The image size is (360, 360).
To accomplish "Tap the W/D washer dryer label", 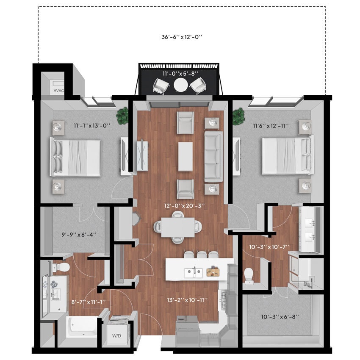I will coord(116,336).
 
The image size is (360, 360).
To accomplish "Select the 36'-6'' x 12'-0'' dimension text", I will coord(182,37).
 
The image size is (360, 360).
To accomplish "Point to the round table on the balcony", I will coord(180,86).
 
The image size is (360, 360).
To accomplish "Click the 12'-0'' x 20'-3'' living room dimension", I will coord(185,206).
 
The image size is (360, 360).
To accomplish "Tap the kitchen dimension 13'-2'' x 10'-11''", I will coord(187,300).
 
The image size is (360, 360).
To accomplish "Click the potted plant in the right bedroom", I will coord(238,115).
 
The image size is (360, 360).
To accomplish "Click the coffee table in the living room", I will coord(186,156).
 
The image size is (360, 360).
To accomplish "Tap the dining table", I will coord(177,227).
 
